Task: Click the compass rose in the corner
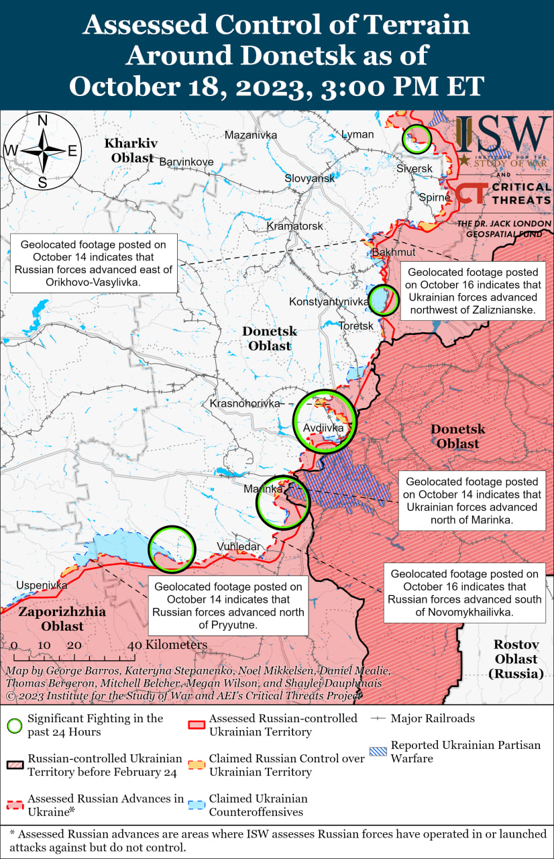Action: (42, 151)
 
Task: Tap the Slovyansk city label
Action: (309, 179)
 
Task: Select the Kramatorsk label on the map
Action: (295, 226)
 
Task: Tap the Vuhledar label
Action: (238, 546)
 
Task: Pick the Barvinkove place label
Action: (186, 162)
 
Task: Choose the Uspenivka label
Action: (42, 585)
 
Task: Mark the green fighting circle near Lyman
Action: (416, 138)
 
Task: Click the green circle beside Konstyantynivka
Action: (383, 300)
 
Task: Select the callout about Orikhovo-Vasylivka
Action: (94, 263)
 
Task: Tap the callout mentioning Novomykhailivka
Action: (464, 593)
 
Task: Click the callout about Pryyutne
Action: (228, 605)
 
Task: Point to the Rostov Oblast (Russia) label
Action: (516, 659)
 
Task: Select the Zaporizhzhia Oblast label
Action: (52, 619)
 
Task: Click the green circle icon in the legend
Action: (13, 725)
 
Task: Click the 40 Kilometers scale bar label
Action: (167, 645)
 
